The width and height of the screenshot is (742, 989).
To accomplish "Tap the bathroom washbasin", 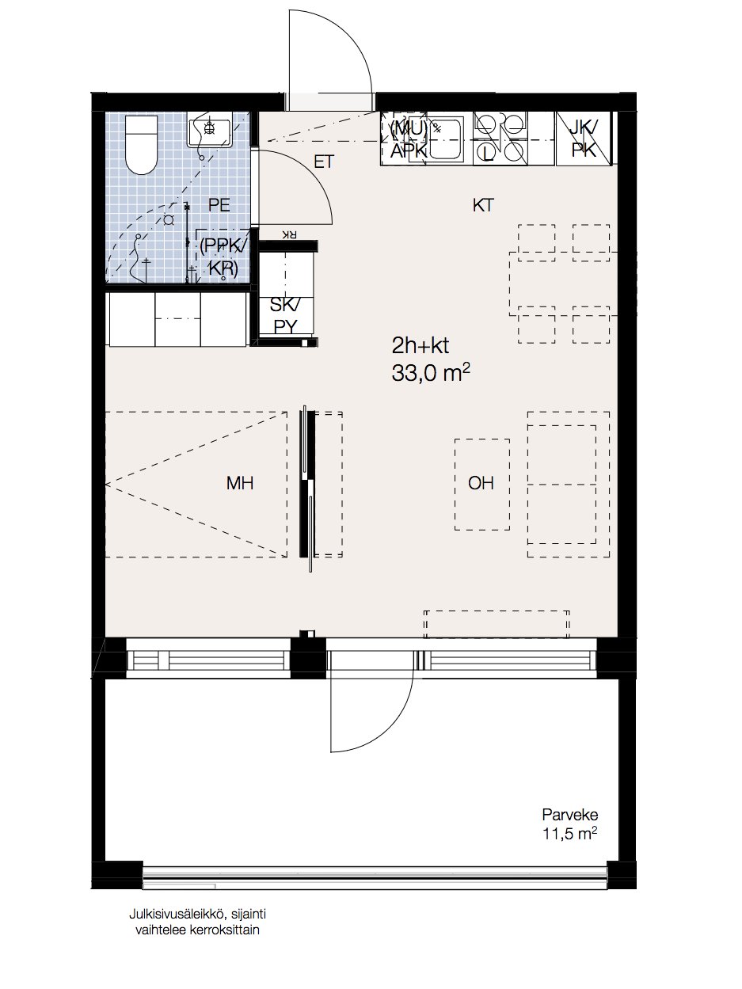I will pyautogui.click(x=210, y=131).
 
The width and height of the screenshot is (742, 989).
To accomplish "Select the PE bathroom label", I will pyautogui.click(x=219, y=205).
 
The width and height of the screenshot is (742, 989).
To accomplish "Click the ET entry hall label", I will pyautogui.click(x=324, y=162).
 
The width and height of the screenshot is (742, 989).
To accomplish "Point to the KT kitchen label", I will pyautogui.click(x=483, y=206).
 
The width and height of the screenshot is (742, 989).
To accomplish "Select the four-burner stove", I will pyautogui.click(x=500, y=137).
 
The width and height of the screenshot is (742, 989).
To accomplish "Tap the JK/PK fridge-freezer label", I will pyautogui.click(x=584, y=139).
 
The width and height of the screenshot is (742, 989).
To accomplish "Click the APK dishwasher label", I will pyautogui.click(x=409, y=150).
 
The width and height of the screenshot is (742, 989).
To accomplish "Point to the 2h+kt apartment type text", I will pyautogui.click(x=420, y=345).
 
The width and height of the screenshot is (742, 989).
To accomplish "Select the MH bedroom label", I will pyautogui.click(x=240, y=483).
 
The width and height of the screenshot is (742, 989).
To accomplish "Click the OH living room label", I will pyautogui.click(x=481, y=483).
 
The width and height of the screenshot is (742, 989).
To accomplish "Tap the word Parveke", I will pyautogui.click(x=569, y=815).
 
